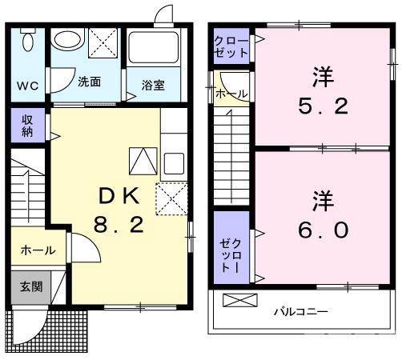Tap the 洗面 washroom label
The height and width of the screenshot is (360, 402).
(x=89, y=82)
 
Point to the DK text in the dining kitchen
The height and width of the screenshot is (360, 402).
(x=119, y=195)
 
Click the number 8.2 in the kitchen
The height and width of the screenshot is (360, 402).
(x=119, y=225)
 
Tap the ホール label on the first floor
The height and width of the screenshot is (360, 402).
(x=38, y=250)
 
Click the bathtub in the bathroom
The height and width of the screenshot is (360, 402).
(x=155, y=50)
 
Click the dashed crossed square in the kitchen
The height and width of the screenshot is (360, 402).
(x=171, y=197)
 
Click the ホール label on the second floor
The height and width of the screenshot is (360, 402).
(x=232, y=94)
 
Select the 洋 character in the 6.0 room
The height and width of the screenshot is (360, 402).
(x=322, y=198)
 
